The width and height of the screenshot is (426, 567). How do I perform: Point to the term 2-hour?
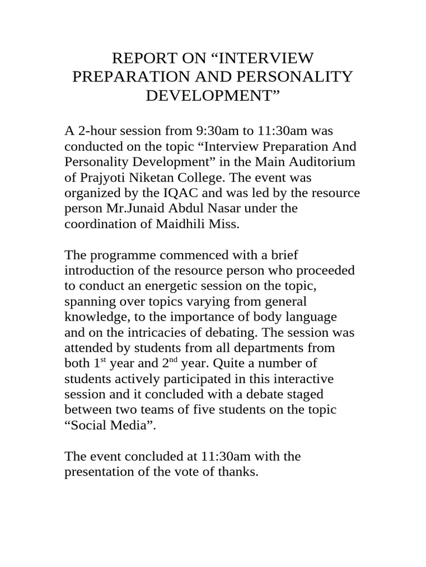(97, 131)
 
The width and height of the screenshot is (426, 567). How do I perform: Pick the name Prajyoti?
(102, 178)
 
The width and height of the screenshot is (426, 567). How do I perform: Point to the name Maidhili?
(174, 224)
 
